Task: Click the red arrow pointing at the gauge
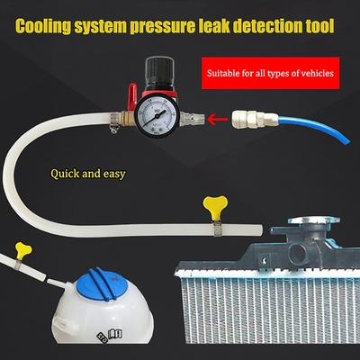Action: (217, 117)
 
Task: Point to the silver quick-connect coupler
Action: (257, 116)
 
